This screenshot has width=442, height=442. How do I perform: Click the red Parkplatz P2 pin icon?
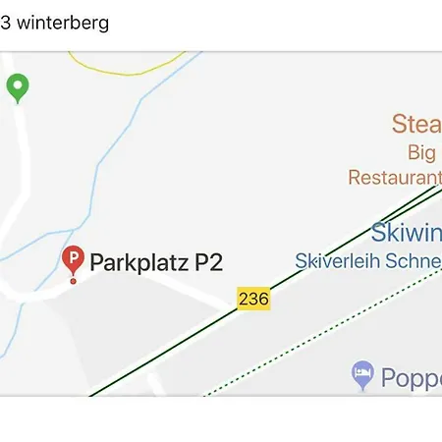(x=73, y=260)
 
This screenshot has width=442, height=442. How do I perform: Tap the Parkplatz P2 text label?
(x=156, y=262)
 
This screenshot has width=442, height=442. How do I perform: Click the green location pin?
(x=17, y=87)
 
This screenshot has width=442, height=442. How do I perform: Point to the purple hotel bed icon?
(x=362, y=373)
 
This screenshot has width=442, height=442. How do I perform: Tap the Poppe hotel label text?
(x=412, y=378)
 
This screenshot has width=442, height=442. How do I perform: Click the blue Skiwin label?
(x=406, y=233)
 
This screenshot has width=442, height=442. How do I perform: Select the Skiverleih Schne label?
(x=368, y=260)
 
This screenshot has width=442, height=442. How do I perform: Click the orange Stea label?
(x=416, y=124)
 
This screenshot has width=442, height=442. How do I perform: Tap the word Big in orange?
(x=422, y=152)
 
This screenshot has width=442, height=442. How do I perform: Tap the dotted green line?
(x=324, y=334)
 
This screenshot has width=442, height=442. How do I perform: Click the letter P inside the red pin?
(x=73, y=257)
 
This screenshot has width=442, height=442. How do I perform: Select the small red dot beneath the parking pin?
(x=73, y=282)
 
